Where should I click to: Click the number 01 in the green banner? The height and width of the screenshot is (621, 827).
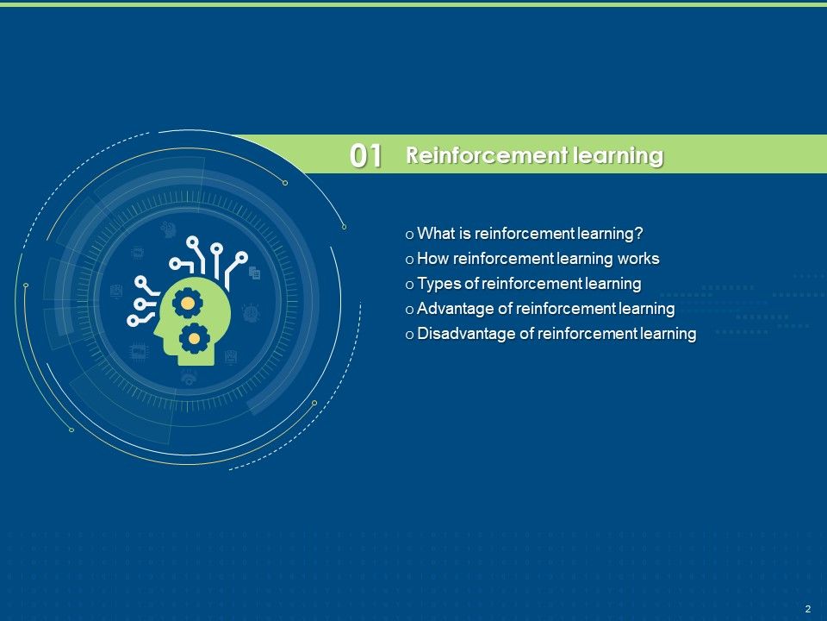[366, 156]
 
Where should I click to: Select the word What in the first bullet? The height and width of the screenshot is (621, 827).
[436, 234]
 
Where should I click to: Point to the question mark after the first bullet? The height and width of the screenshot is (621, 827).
[640, 234]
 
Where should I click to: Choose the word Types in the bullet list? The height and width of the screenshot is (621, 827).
[438, 284]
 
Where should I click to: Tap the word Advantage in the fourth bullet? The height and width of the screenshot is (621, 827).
[453, 309]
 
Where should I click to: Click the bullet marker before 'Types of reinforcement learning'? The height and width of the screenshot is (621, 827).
[409, 285]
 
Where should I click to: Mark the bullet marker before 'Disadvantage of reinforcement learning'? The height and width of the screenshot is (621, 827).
[409, 335]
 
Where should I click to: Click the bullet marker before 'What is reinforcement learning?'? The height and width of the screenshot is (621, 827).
[409, 235]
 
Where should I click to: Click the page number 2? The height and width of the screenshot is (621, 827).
[807, 609]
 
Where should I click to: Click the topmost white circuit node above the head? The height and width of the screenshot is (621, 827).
[193, 241]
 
